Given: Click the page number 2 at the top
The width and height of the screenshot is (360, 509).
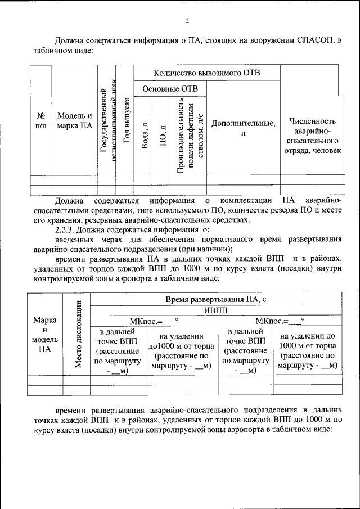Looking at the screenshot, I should (187, 21).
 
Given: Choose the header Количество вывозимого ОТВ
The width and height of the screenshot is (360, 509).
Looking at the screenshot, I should (207, 73).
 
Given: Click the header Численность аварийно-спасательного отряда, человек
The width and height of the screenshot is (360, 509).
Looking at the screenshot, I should (313, 136).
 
